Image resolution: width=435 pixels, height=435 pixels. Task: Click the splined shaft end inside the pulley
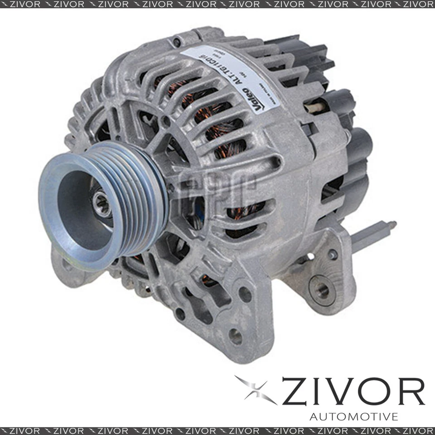click(x=101, y=203)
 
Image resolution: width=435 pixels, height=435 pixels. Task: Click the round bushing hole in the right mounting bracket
click(x=323, y=288)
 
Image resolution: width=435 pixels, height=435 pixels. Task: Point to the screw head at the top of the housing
click(x=177, y=43)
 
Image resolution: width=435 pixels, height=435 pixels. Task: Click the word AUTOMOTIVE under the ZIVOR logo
click(x=354, y=416)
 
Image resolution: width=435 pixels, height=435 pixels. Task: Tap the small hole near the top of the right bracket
click(x=333, y=254)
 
